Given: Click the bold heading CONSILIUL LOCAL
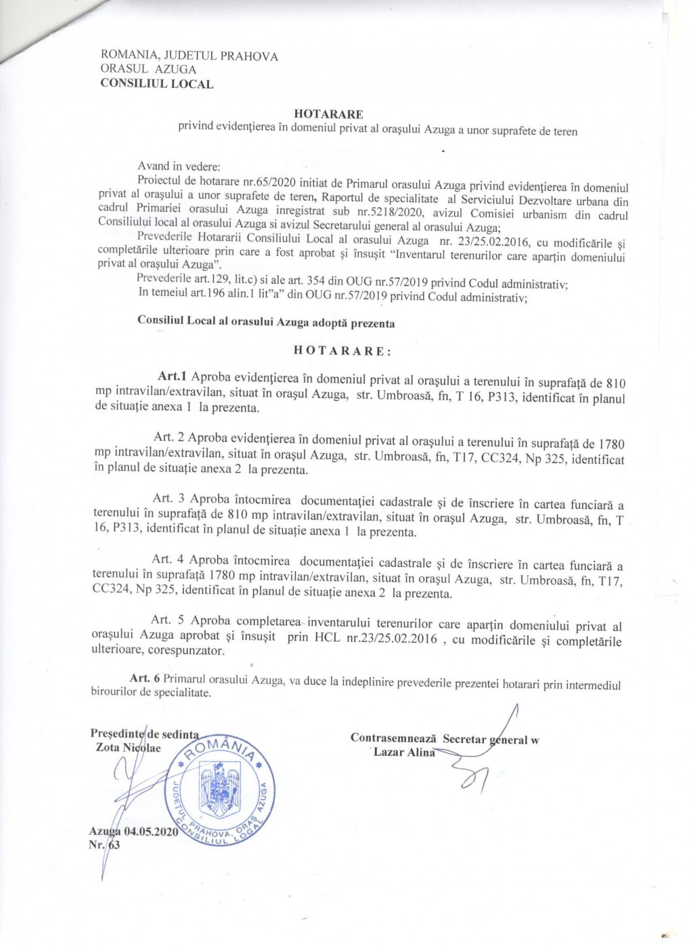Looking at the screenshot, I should (156, 85).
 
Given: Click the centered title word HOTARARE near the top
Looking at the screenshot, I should (328, 114).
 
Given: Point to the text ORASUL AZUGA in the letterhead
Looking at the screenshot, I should (148, 69).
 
